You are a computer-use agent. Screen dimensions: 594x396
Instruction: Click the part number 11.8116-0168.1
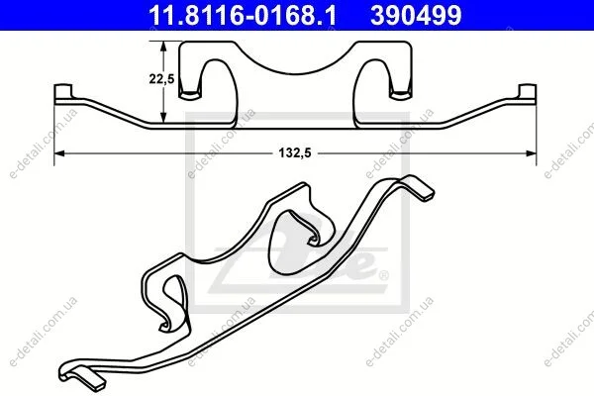click(x=243, y=15)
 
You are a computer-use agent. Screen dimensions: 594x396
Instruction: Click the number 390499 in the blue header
click(x=416, y=15)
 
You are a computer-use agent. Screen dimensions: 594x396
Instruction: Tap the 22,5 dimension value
click(x=161, y=79)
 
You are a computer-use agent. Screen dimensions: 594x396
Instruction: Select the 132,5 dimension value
click(x=295, y=153)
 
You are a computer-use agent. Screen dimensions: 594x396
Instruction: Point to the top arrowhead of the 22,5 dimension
click(x=163, y=47)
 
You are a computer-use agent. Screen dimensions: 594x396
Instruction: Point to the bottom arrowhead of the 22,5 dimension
click(x=163, y=118)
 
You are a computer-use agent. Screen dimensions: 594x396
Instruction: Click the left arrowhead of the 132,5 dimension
click(x=59, y=153)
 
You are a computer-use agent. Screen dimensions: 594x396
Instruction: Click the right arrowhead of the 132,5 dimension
click(x=531, y=153)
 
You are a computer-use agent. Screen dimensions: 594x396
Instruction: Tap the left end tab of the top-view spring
click(x=63, y=93)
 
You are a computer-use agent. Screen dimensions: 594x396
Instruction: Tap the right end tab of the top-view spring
click(x=528, y=93)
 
